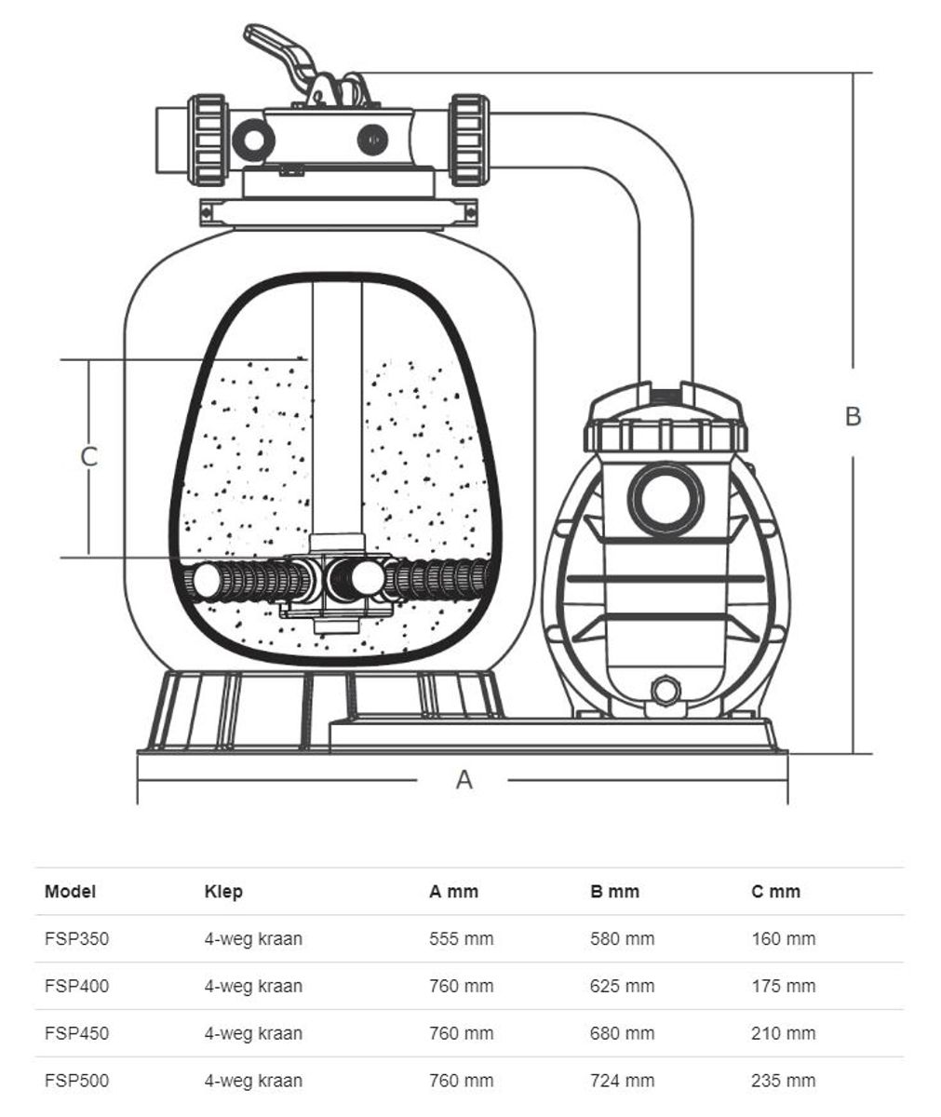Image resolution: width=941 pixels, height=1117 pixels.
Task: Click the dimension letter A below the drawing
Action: (464, 779)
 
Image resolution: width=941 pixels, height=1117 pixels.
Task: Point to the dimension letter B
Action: (853, 416)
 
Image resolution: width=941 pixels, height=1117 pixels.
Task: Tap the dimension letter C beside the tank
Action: (89, 456)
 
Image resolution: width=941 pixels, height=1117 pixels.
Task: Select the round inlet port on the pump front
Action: (665, 497)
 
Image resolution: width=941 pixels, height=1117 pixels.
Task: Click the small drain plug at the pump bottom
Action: (665, 691)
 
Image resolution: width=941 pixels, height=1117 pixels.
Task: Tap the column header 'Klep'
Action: (223, 892)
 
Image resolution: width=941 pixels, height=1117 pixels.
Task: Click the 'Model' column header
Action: (70, 892)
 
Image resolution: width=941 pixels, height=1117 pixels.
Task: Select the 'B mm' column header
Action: (614, 892)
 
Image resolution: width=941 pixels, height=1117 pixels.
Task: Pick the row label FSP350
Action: (76, 939)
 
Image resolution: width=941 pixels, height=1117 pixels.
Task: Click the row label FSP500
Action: (76, 1081)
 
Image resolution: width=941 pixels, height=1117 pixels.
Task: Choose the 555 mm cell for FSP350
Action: (461, 939)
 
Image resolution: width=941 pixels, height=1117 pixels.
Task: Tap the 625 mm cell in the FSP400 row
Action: (622, 986)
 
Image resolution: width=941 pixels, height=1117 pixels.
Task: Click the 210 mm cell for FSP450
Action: (783, 1033)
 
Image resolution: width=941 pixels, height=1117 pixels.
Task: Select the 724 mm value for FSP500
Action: (622, 1081)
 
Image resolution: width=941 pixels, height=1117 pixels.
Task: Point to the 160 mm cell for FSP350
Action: (783, 939)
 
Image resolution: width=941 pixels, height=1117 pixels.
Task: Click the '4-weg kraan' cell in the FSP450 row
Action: (253, 1033)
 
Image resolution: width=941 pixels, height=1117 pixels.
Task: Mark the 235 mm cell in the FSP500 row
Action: (783, 1081)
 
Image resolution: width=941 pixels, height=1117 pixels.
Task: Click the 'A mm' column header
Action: (453, 892)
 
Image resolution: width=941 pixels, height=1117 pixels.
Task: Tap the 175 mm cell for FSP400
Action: (783, 986)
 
